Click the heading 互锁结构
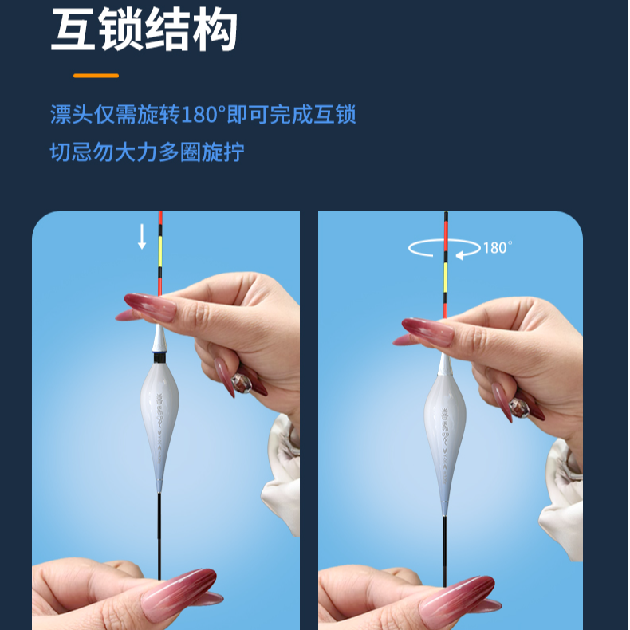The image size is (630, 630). tap(144, 30)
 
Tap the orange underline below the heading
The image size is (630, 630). tap(96, 76)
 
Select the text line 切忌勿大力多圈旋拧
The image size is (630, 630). tap(147, 152)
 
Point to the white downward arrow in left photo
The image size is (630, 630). tap(142, 237)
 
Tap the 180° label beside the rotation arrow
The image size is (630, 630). tap(498, 248)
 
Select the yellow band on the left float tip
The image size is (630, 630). tap(160, 251)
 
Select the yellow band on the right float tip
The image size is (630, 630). tap(446, 278)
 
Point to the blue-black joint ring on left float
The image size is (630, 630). tap(159, 357)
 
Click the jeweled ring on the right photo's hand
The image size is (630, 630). tap(519, 408)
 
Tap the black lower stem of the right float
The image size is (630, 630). tap(445, 551)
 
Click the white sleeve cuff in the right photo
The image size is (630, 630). tap(562, 498)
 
